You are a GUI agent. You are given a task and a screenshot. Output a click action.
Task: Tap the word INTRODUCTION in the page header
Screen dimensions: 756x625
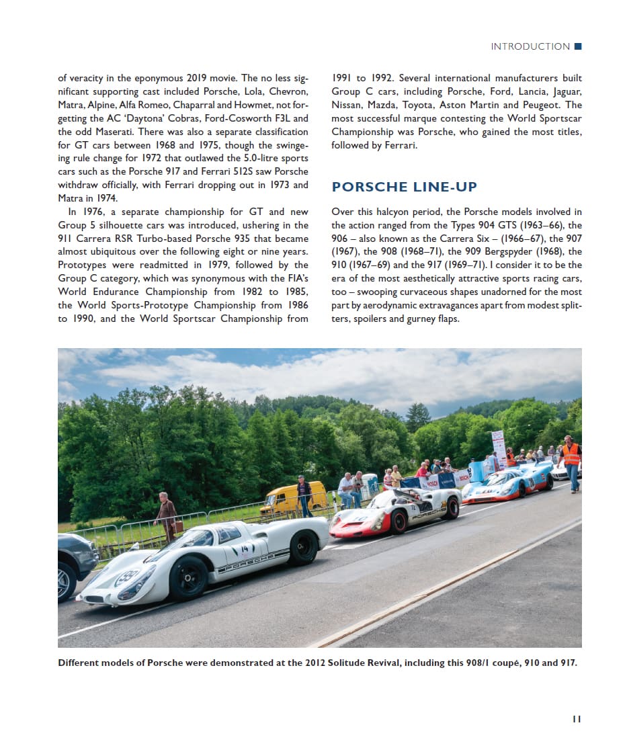530,46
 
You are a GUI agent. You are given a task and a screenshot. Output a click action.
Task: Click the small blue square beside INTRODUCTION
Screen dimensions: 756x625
578,46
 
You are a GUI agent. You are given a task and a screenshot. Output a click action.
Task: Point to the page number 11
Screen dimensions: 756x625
576,718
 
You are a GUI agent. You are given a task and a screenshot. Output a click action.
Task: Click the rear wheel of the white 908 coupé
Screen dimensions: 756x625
303,547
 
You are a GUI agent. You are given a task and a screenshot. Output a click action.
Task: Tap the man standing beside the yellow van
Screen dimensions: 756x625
304,496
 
